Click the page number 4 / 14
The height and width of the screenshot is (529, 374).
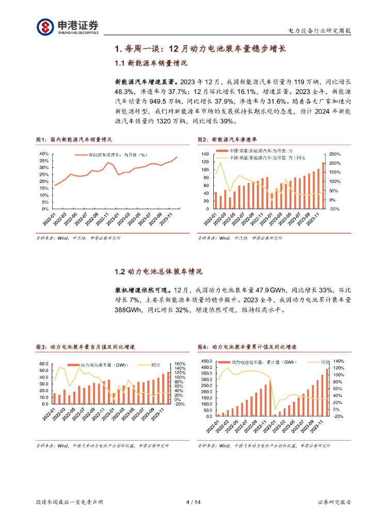click(192, 502)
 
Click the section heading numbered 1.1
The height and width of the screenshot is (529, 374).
click(150, 64)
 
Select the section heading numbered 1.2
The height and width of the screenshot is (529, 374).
click(158, 272)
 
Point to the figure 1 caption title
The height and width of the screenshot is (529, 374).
click(74, 139)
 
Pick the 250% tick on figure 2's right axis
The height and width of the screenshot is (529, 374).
click(335, 154)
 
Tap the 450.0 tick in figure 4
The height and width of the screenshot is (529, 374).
click(206, 361)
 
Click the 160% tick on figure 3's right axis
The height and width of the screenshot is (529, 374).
click(180, 364)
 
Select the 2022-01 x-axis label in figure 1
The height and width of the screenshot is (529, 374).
click(50, 217)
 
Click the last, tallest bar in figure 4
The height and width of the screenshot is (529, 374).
click(327, 392)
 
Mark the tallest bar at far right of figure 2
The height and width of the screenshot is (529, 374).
click(324, 185)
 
